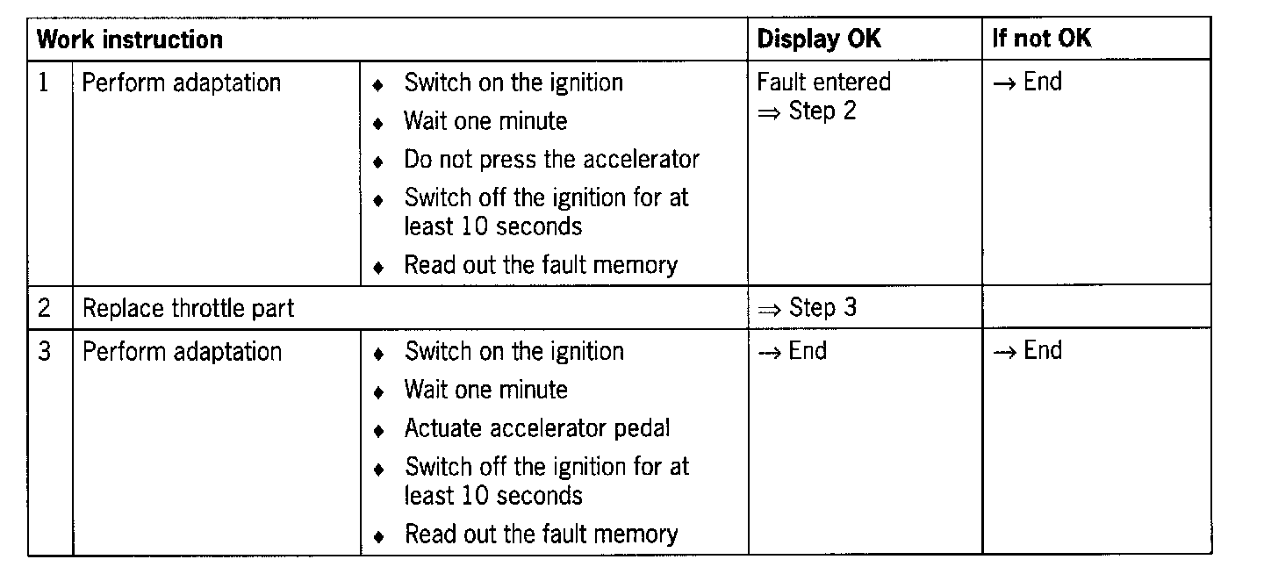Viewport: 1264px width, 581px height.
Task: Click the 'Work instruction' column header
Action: coord(131,39)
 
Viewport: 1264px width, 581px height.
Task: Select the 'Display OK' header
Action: coord(819,39)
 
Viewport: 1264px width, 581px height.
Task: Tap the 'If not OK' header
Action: coord(1042,39)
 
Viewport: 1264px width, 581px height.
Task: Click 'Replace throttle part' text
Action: coord(189,308)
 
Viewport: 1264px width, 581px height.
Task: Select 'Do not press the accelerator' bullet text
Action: coord(551,160)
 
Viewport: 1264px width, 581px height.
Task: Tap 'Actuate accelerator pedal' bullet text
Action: coord(537,428)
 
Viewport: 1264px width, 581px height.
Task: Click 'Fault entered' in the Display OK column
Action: coord(823,82)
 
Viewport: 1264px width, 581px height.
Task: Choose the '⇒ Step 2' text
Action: coord(806,111)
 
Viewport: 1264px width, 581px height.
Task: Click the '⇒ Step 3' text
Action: coord(806,308)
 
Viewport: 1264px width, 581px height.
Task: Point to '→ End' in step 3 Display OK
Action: coord(793,351)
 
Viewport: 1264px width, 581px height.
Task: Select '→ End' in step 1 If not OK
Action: coord(1028,82)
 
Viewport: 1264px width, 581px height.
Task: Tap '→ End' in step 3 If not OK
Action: coord(1028,351)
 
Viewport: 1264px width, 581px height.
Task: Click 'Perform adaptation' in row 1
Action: coord(182,83)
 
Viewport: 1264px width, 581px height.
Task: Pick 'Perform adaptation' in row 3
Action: coord(182,352)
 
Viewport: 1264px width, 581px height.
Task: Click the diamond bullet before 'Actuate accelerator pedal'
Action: coord(378,431)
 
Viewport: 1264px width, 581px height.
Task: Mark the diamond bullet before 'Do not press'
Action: coord(378,162)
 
